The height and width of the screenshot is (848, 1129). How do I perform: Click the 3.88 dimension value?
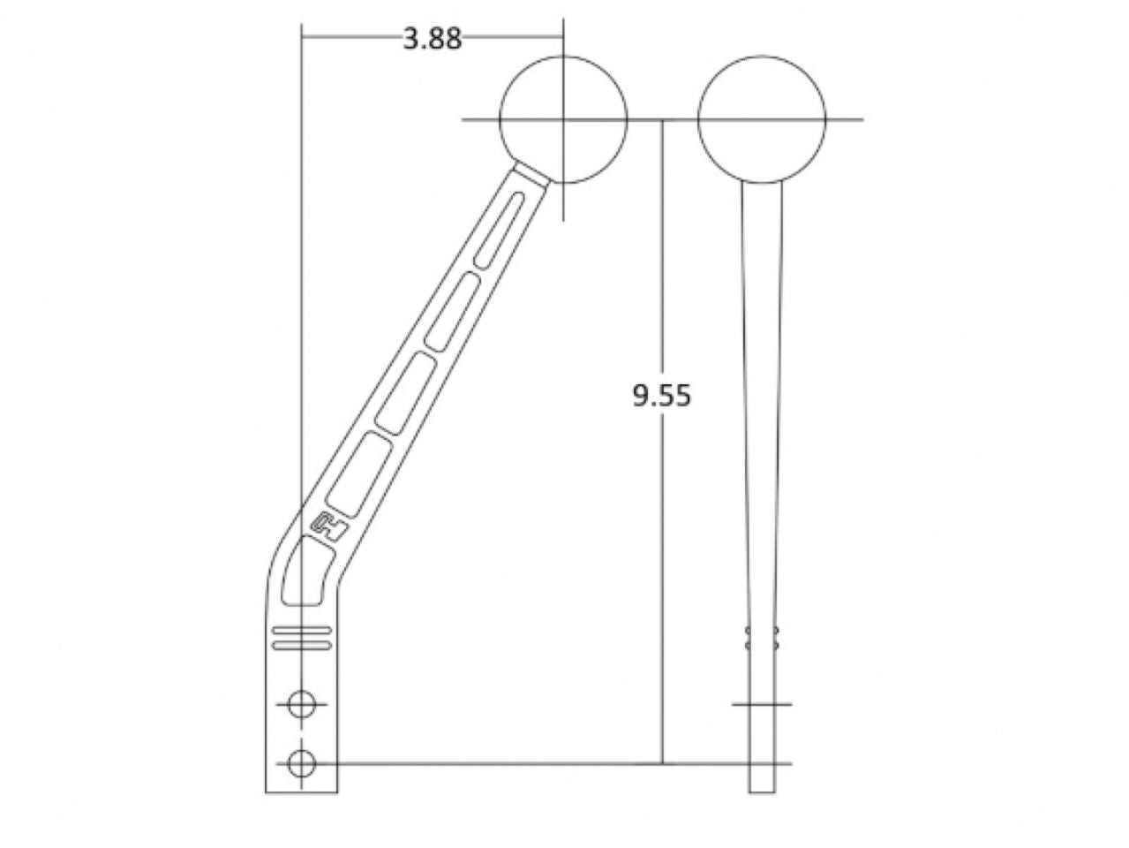(432, 39)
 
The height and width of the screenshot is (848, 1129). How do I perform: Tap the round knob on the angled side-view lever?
(563, 119)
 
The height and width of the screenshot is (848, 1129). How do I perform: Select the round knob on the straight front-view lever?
(762, 119)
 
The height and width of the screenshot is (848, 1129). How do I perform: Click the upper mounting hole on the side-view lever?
(302, 704)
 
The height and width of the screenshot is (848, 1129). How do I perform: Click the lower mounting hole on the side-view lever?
(302, 762)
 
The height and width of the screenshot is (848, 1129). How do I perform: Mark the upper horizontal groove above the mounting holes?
(302, 631)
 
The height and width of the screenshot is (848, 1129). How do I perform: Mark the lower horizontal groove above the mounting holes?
(302, 646)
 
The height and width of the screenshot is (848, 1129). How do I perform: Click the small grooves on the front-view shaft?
(763, 639)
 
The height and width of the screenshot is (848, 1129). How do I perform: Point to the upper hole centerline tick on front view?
(763, 704)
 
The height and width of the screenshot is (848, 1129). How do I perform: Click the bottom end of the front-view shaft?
(763, 790)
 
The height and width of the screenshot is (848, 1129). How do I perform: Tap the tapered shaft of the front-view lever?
(763, 397)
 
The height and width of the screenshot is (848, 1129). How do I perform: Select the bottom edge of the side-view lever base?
(302, 792)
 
